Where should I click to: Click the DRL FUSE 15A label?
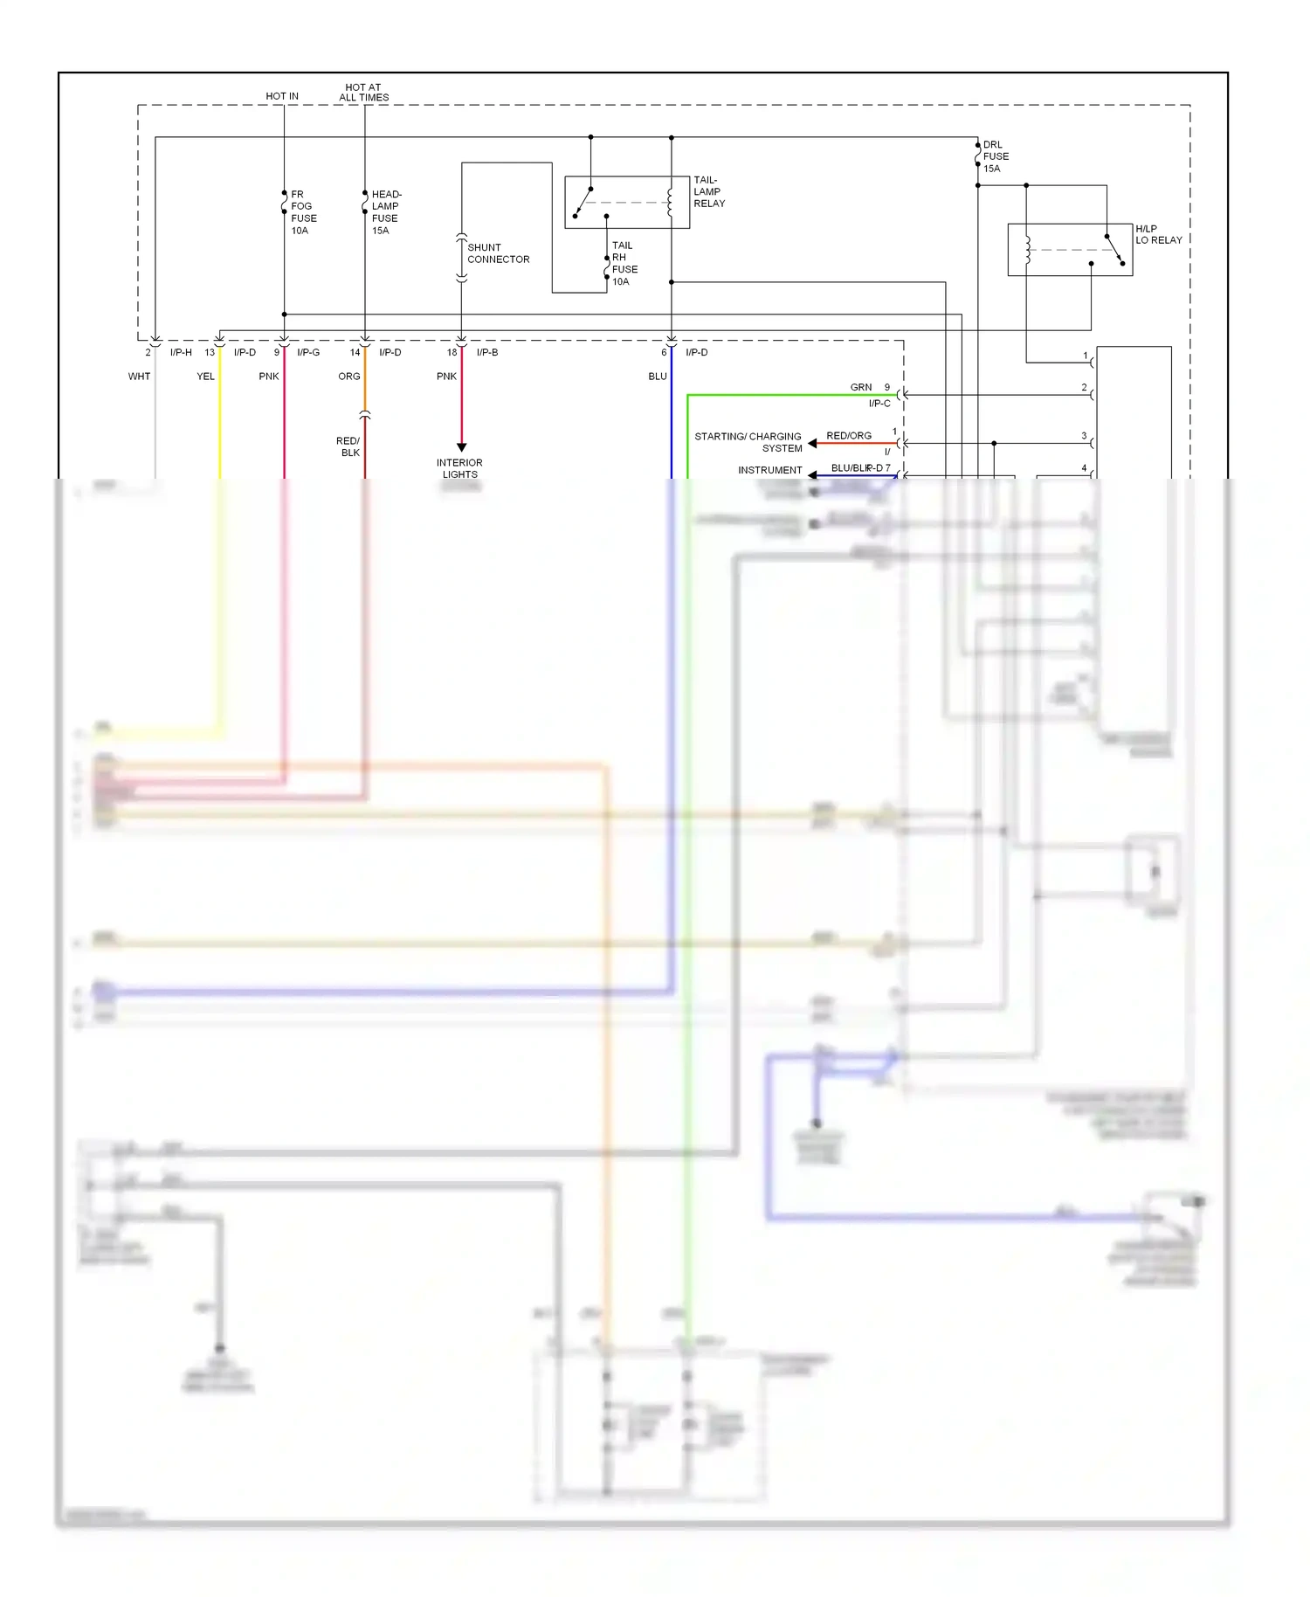(996, 156)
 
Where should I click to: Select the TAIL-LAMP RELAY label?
(708, 191)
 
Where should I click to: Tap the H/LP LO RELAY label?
(1158, 234)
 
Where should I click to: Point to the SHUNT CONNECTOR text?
(498, 253)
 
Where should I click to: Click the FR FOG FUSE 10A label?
(303, 212)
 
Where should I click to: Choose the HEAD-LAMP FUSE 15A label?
(386, 212)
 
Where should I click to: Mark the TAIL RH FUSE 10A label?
(624, 263)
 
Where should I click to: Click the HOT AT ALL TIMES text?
(363, 93)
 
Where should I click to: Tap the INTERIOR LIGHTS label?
(459, 468)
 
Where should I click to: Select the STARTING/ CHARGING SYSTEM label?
(748, 442)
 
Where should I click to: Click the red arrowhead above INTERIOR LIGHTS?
(461, 447)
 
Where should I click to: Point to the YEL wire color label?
(205, 377)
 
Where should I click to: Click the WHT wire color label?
(139, 377)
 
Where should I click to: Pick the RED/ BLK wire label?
(348, 446)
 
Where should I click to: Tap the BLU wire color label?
(658, 377)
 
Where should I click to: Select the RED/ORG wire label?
(848, 435)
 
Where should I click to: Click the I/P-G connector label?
(308, 352)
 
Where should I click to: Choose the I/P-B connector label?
(487, 352)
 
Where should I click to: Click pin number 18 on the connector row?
(452, 352)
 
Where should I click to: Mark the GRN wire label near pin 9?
(860, 387)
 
